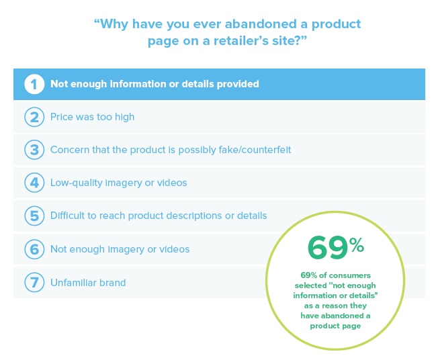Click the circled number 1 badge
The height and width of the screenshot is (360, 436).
(x=34, y=84)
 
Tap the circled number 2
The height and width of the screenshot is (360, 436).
(x=34, y=117)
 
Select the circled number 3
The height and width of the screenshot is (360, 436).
(x=34, y=150)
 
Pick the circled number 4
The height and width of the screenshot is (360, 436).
(x=34, y=183)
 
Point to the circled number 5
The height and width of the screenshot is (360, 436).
(x=34, y=216)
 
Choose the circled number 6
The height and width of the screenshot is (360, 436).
(x=34, y=249)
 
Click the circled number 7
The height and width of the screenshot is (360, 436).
(x=34, y=283)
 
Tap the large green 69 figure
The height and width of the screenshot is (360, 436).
(x=328, y=248)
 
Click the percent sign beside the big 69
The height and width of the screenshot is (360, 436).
(x=357, y=245)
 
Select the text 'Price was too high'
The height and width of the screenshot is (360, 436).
(x=92, y=117)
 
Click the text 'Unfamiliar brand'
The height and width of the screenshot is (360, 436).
(x=88, y=283)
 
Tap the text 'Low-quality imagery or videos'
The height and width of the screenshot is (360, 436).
(x=118, y=183)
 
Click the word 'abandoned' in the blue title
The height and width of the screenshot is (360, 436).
(x=261, y=24)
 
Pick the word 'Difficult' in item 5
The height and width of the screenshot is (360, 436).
(x=68, y=216)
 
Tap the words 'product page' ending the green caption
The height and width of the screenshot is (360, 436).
(x=335, y=326)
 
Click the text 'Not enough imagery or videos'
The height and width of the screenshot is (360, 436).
(x=120, y=249)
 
